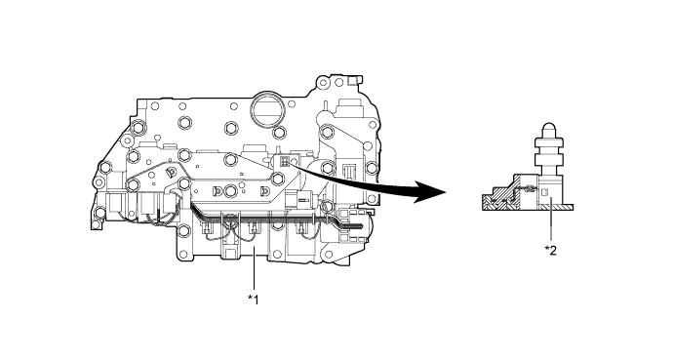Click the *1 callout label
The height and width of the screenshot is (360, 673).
coord(253,296)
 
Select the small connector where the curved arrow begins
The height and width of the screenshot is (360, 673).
coord(283,162)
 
